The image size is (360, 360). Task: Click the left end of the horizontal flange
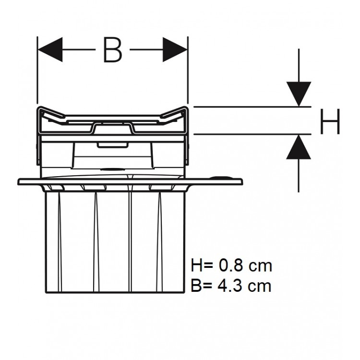click(x=20, y=181)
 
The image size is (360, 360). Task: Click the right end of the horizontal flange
click(x=242, y=181)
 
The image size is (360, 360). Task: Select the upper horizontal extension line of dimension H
click(x=250, y=107)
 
